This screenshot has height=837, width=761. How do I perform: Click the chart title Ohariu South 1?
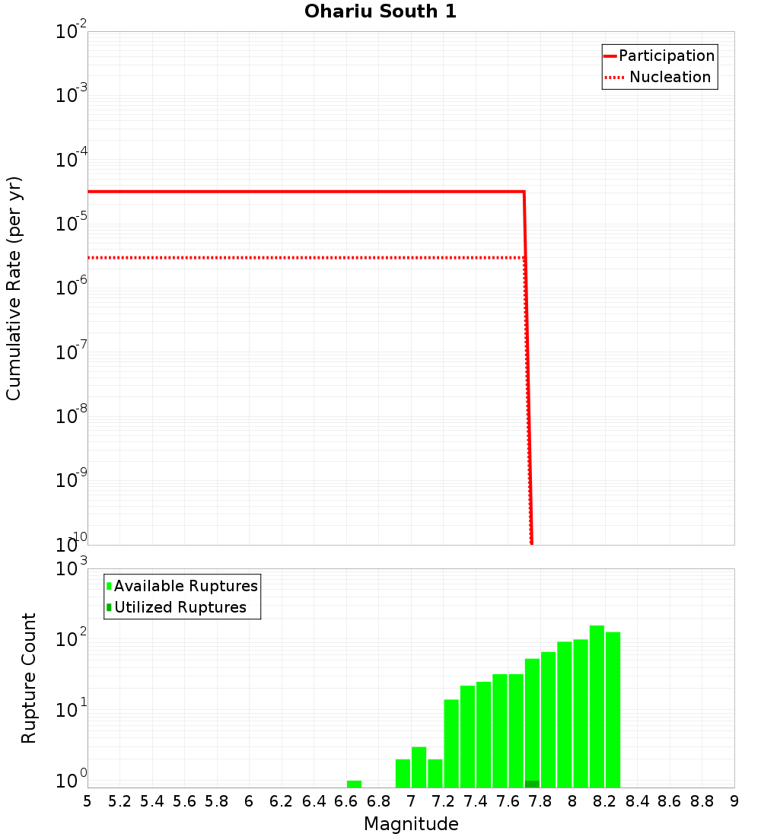pyautogui.click(x=380, y=12)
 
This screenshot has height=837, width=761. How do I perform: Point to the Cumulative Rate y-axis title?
pyautogui.click(x=14, y=288)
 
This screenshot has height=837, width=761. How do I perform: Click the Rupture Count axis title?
pyautogui.click(x=29, y=677)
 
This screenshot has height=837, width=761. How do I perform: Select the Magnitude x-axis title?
pyautogui.click(x=411, y=824)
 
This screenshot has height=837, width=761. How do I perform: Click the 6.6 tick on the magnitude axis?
pyautogui.click(x=346, y=801)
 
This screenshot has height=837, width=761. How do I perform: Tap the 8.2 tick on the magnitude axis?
pyautogui.click(x=605, y=801)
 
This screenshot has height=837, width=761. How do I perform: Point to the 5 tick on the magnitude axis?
pyautogui.click(x=88, y=801)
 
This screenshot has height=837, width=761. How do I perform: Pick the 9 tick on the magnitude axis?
pyautogui.click(x=734, y=801)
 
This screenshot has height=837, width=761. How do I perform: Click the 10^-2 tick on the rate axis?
pyautogui.click(x=71, y=32)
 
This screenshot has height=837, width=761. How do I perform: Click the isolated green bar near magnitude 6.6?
pyautogui.click(x=354, y=784)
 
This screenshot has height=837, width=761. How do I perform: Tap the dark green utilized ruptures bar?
pyautogui.click(x=532, y=784)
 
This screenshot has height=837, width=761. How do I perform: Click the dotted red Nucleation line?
pyautogui.click(x=304, y=257)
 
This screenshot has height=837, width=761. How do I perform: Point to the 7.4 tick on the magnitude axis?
pyautogui.click(x=476, y=801)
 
